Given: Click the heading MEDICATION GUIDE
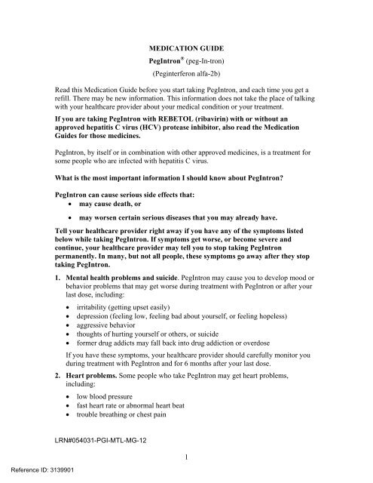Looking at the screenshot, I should [185, 45].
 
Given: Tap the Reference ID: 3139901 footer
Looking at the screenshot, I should [41, 477].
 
